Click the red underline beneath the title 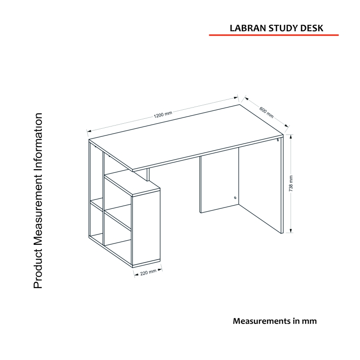click(x=274, y=35)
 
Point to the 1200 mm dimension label click(x=163, y=114)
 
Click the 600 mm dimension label click(x=266, y=112)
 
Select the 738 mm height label click(x=291, y=184)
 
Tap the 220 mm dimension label click(x=148, y=272)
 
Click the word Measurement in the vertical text click(x=38, y=209)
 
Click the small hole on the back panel click(x=235, y=198)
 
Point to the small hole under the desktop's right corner click(x=278, y=140)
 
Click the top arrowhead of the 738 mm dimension click(x=291, y=137)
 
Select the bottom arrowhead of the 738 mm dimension click(x=291, y=231)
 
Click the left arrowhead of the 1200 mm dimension click(x=89, y=131)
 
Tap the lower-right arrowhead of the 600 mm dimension click(x=286, y=126)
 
